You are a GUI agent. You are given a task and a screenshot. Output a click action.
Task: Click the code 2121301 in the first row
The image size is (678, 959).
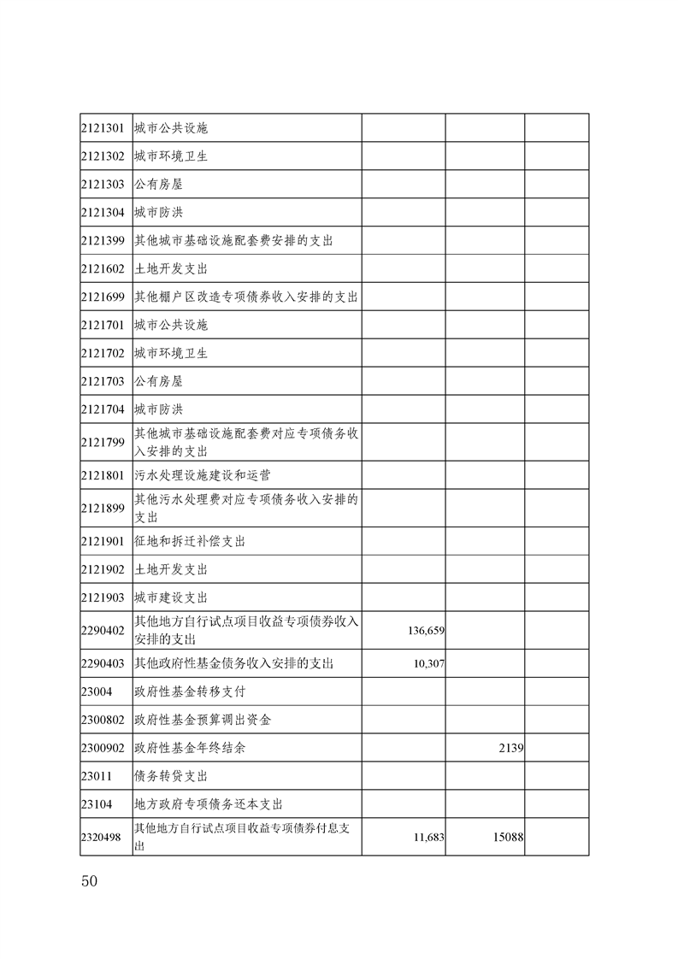[x=103, y=129]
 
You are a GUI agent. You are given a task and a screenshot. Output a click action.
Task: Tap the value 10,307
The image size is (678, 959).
[x=428, y=663]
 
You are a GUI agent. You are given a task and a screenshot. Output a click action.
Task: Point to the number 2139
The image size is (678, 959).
[x=510, y=748]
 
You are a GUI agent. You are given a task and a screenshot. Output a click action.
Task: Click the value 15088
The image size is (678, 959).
[x=507, y=838]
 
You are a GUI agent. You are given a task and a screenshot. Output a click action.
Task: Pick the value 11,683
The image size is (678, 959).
[x=428, y=838]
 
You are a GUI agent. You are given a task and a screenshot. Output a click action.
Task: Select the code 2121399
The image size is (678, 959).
[x=103, y=241]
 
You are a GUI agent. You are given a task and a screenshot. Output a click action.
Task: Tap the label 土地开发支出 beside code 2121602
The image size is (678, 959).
[x=171, y=269]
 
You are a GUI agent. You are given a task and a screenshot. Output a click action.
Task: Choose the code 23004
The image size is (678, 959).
[x=97, y=691]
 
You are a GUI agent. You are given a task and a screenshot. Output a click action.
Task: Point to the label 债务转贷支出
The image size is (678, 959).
[x=171, y=776]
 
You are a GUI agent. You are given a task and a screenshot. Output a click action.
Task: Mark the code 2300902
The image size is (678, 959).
[x=103, y=748]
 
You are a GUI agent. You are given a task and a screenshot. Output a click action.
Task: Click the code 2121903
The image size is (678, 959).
[x=103, y=597]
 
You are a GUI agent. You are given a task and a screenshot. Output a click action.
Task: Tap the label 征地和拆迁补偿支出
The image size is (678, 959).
[x=190, y=542]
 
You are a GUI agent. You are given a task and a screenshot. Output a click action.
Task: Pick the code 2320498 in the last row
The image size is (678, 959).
[x=103, y=838]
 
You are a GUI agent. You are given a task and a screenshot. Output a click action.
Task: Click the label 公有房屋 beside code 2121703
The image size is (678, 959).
[x=158, y=381]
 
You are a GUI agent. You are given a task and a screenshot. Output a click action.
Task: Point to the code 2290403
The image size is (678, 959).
[x=103, y=663]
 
